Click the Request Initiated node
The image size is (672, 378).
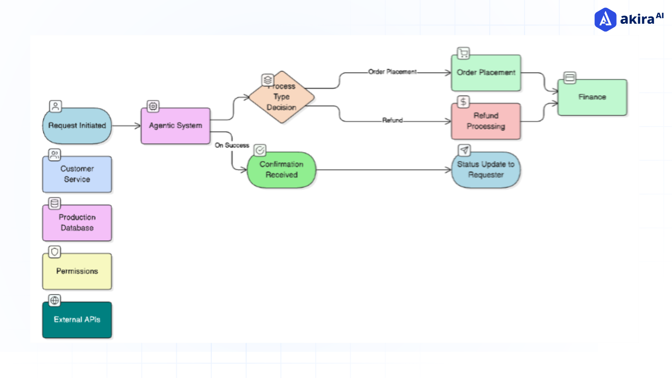click(77, 126)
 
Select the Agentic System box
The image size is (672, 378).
click(175, 126)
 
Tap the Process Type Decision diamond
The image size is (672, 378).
click(282, 97)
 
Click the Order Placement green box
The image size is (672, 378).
click(486, 73)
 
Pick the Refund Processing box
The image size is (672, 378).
click(486, 121)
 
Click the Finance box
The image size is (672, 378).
click(592, 97)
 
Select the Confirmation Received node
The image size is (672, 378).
click(281, 170)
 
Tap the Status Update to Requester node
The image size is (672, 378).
click(486, 170)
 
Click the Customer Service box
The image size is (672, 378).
click(77, 174)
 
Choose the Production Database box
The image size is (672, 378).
click(77, 223)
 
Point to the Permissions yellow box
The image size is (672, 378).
click(77, 271)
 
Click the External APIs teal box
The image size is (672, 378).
click(77, 320)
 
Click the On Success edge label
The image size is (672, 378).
click(232, 145)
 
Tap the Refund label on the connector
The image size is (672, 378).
click(392, 120)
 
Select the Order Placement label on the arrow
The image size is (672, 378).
click(392, 72)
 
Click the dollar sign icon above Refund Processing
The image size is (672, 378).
click(463, 102)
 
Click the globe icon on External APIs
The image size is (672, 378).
click(55, 300)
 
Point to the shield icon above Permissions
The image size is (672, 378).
click(55, 252)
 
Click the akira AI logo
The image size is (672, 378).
click(629, 19)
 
